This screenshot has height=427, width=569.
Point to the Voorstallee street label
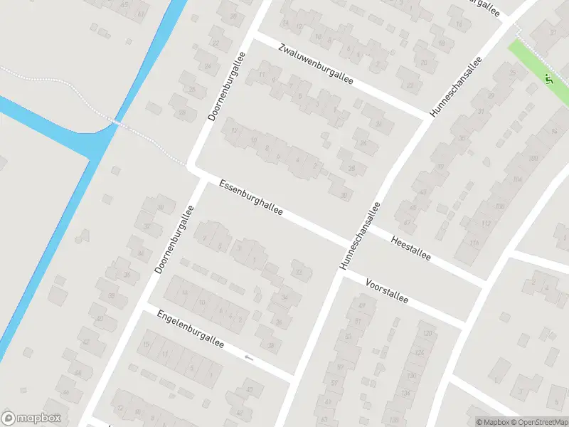tap(386, 290)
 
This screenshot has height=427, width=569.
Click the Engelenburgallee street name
tap(191, 329)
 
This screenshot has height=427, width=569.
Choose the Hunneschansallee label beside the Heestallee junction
tap(361, 235)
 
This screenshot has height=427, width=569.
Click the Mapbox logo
tap(31, 418)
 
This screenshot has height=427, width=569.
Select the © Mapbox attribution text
tap(492, 422)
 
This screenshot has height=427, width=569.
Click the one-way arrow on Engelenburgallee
tap(248, 357)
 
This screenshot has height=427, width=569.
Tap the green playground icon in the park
tap(548, 78)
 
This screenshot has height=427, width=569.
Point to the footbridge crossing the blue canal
tap(117, 123)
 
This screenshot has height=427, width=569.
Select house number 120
tap(427, 333)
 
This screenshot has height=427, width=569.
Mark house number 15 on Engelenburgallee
tap(147, 344)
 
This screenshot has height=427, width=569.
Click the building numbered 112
tap(486, 223)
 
